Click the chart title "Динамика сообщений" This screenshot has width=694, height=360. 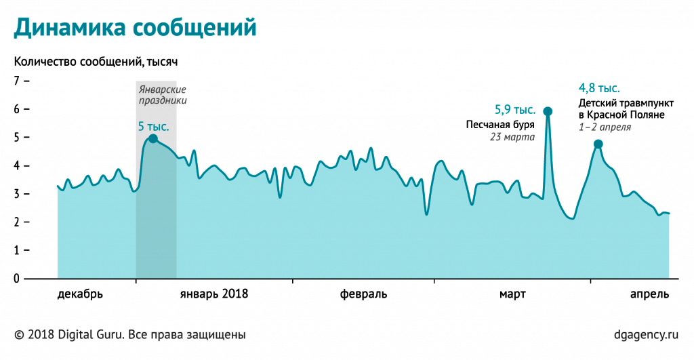(x=136, y=28)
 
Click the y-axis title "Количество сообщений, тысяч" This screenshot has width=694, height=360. (x=96, y=62)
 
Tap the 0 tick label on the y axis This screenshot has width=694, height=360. (x=17, y=279)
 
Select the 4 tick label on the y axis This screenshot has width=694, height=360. (x=17, y=165)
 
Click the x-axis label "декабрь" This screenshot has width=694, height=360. (x=80, y=294)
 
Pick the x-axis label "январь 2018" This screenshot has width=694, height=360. (x=214, y=294)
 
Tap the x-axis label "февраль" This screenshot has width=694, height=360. (x=363, y=294)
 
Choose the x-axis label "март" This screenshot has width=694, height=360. (x=512, y=294)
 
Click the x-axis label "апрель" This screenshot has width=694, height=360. (x=649, y=294)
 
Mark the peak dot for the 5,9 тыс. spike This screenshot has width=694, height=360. (x=548, y=111)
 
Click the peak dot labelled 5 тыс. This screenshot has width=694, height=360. (x=152, y=138)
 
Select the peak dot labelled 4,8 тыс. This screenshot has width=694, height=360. (x=598, y=144)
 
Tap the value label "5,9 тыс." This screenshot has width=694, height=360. (x=515, y=109)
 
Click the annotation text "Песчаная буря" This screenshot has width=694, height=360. (x=500, y=125)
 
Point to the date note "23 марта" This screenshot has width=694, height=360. (x=512, y=137)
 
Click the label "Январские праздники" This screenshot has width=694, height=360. (x=162, y=95)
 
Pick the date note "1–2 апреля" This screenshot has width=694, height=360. (x=605, y=127)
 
